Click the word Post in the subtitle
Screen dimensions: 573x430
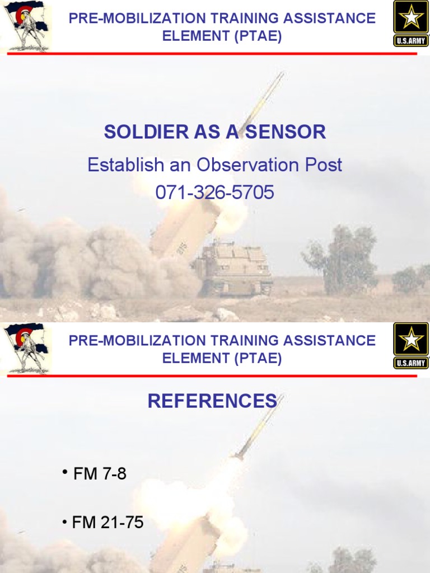(x=323, y=165)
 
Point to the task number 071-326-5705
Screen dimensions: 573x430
(x=215, y=193)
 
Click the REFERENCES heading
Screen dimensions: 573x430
(x=212, y=401)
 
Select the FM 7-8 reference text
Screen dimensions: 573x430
(x=100, y=475)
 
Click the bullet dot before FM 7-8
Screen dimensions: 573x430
(x=66, y=473)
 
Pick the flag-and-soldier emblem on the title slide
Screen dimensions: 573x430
(x=25, y=25)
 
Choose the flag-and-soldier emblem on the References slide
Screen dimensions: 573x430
(x=25, y=347)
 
